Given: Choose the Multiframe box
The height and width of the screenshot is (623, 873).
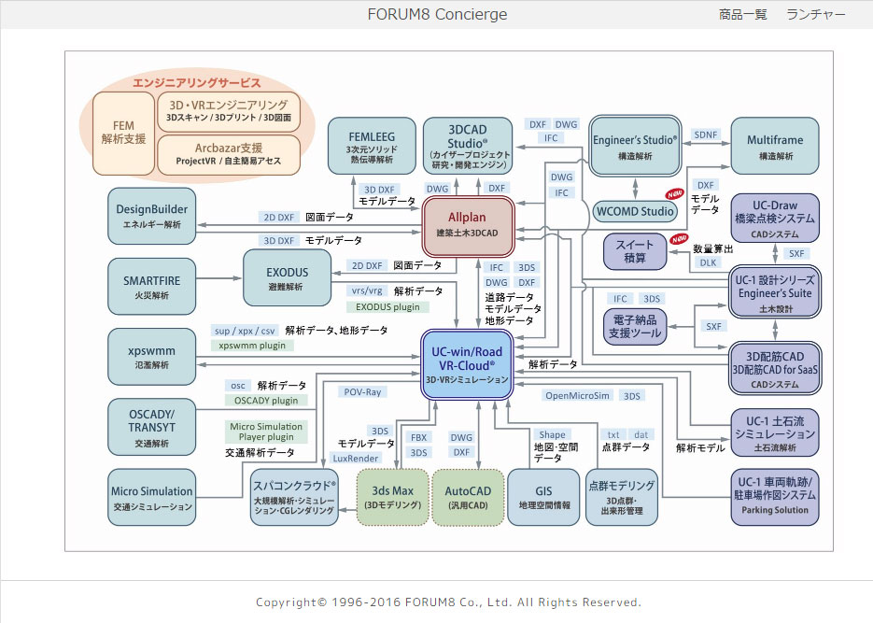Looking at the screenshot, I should pos(774,146).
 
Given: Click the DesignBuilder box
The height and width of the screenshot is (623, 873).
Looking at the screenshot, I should pos(152,215).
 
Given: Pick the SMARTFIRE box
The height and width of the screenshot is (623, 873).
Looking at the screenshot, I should pos(151,286).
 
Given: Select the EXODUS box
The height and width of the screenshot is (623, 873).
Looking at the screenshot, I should pos(287,277).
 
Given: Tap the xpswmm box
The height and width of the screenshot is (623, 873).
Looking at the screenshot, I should pos(151,357).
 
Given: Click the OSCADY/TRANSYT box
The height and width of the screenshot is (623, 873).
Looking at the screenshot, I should pos(151,426).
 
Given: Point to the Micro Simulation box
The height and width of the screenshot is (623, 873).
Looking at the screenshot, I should pos(151,497).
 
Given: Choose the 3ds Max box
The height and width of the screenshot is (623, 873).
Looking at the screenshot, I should pos(392,497).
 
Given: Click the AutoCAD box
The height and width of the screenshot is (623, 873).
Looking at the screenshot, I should pos(467,497).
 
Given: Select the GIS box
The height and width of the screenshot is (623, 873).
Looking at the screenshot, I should pos(542,497).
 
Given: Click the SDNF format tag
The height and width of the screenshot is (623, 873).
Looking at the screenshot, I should pos(706,135).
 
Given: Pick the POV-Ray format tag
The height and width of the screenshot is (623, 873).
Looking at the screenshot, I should pos(362,392).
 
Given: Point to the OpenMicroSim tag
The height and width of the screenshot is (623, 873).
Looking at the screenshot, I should pos(577,396).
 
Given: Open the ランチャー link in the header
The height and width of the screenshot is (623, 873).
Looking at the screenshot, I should pos(816,14).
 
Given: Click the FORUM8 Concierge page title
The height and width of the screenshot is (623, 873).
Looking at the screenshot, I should pos(437,14).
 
